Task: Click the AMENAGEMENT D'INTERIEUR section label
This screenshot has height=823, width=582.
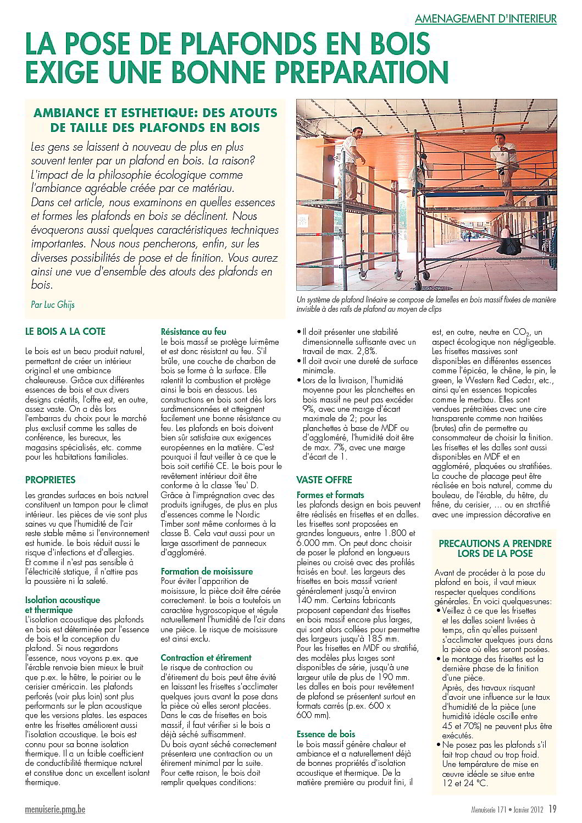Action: click(485, 19)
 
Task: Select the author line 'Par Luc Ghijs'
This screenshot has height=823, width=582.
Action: click(53, 304)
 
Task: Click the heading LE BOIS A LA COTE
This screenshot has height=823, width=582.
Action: click(65, 332)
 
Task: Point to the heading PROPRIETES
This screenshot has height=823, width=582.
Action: click(51, 479)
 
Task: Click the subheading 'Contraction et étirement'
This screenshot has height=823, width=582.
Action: click(206, 658)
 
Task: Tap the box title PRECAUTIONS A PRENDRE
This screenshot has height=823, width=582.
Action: click(495, 544)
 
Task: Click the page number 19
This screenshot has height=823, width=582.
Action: click(552, 808)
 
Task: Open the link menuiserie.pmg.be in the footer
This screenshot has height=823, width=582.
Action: click(55, 809)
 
